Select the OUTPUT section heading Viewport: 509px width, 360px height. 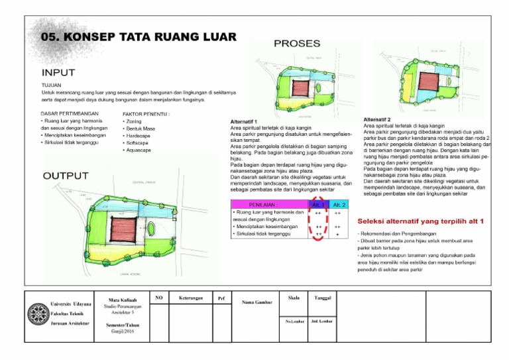coord(65,176)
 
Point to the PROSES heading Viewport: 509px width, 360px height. coord(297,44)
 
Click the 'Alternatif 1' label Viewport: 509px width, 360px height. coord(243,122)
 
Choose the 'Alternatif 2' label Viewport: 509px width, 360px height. coord(380,119)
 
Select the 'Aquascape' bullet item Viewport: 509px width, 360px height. coord(139,150)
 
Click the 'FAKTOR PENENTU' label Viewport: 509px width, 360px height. coord(146,114)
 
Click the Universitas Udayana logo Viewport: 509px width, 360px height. coord(38,310)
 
